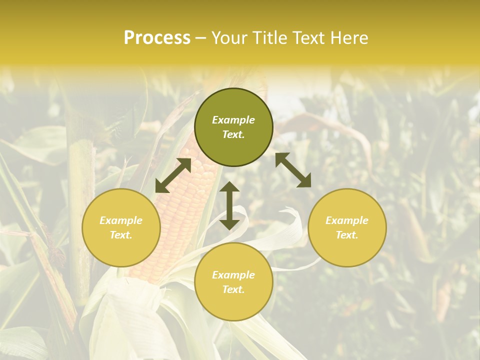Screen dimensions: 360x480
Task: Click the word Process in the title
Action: (157, 38)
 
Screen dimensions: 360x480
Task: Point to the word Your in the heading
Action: (227, 38)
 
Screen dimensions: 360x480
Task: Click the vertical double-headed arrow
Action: (229, 205)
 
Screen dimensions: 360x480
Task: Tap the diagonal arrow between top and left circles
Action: (173, 175)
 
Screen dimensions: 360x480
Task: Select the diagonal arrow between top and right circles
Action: (293, 170)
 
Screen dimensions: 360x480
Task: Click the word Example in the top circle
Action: (233, 120)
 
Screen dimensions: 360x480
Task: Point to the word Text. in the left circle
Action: (121, 235)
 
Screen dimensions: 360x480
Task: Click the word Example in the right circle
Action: (347, 220)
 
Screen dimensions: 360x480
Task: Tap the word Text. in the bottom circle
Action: (233, 289)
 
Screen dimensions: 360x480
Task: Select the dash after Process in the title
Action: (201, 38)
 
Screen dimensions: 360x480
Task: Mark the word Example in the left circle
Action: (121, 220)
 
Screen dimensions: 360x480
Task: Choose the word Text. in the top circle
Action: (233, 134)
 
